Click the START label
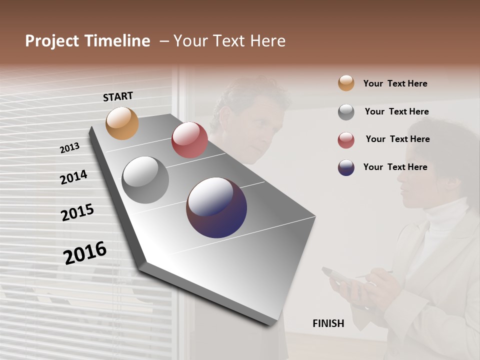point(118,96)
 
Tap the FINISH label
point(328,323)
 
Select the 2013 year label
point(69,148)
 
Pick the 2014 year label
point(73,177)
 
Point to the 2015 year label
point(77,212)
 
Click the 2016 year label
point(85,253)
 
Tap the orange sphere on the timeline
point(122,123)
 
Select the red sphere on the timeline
point(189,140)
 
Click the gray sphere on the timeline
point(145,180)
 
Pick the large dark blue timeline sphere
point(216,207)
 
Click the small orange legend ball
point(346,83)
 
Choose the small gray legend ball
point(346,112)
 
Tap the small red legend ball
point(346,140)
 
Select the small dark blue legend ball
point(346,167)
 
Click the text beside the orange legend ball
point(395,83)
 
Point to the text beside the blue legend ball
point(395,167)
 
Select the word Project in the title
point(52,41)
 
